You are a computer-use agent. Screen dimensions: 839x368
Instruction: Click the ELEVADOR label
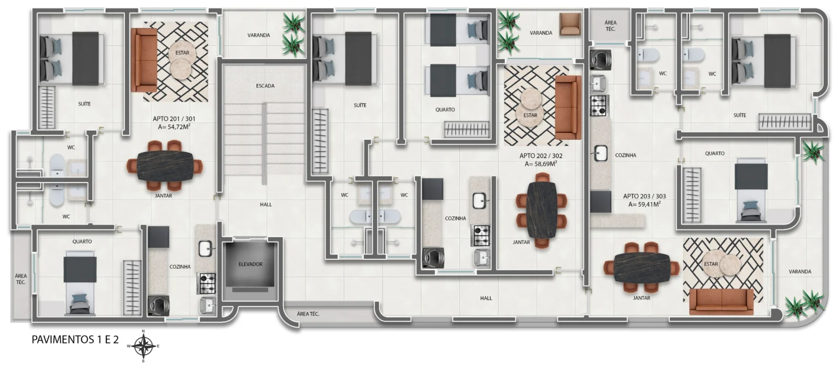point(251,264)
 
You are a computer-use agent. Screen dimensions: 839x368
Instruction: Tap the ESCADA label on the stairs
point(265,86)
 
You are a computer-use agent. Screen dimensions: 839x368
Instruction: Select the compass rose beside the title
point(143,346)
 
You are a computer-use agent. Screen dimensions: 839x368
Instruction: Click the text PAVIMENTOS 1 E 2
point(75,340)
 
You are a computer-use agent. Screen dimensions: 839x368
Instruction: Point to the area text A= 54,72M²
point(174,127)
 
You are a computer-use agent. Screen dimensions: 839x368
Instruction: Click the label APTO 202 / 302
point(541,156)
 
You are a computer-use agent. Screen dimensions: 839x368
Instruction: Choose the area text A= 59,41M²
point(644,204)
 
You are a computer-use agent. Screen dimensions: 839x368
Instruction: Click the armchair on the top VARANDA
point(570,24)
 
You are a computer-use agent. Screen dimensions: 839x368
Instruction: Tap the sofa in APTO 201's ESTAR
point(144,60)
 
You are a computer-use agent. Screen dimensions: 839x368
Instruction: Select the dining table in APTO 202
point(541,209)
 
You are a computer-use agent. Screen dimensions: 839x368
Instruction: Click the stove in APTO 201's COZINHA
point(207,283)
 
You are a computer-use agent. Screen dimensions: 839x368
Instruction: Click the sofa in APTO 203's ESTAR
point(722,302)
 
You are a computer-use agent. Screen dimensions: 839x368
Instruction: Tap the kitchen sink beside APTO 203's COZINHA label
point(600,153)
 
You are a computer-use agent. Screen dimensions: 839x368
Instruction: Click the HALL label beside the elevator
point(266,204)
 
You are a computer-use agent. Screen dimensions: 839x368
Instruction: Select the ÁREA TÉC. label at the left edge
point(21,279)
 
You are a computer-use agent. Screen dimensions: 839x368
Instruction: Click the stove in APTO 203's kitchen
point(600,106)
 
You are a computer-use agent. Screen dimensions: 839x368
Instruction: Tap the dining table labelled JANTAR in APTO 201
point(165,165)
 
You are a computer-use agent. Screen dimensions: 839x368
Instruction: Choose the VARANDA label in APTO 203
point(800,271)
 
